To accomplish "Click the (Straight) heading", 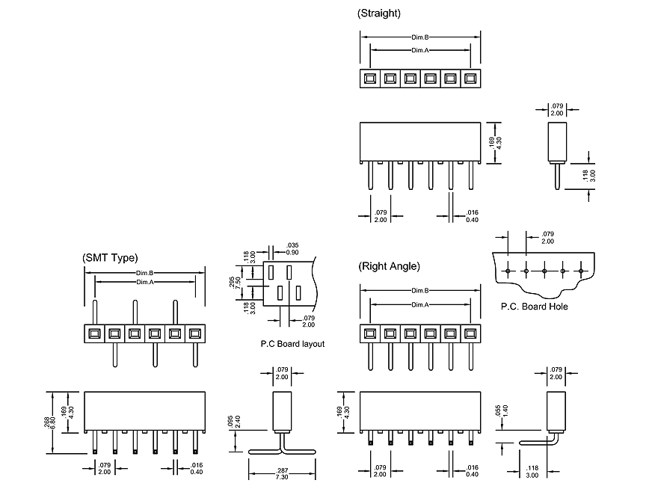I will [x=379, y=13].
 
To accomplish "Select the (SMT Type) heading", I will [x=110, y=258].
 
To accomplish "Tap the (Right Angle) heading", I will [x=389, y=266].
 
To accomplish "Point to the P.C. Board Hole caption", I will [x=534, y=307].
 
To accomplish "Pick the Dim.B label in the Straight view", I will [x=419, y=37].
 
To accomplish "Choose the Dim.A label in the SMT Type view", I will [x=145, y=282].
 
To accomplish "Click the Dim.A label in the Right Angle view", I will [x=420, y=304].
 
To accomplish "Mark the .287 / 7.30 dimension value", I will [x=282, y=474].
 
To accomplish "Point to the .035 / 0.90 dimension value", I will [x=292, y=249].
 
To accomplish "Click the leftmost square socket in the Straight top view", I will [x=369, y=78].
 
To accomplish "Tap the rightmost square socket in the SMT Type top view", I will [x=195, y=333].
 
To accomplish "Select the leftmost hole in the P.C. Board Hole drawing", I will [x=508, y=270].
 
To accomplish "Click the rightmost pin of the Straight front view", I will [x=470, y=177].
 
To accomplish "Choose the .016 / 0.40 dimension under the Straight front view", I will [x=473, y=217].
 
